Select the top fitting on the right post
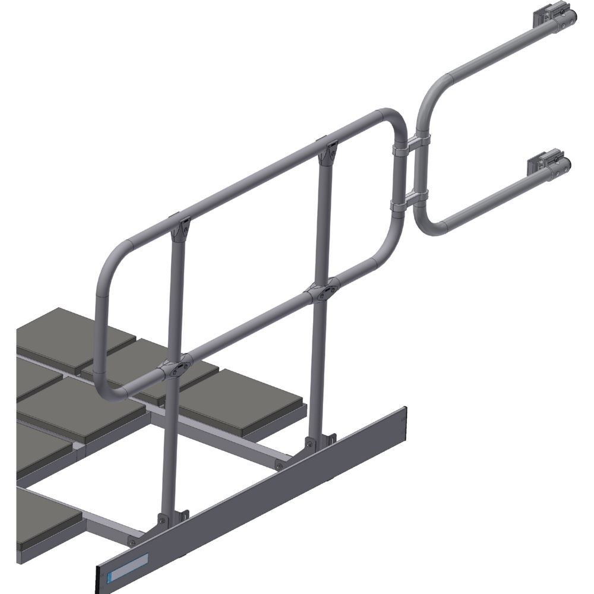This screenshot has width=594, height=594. (x=327, y=151)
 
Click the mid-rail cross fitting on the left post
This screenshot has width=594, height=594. (x=177, y=366)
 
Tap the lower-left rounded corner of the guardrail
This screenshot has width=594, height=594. (x=113, y=389)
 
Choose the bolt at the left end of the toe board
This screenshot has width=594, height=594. (x=131, y=542)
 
